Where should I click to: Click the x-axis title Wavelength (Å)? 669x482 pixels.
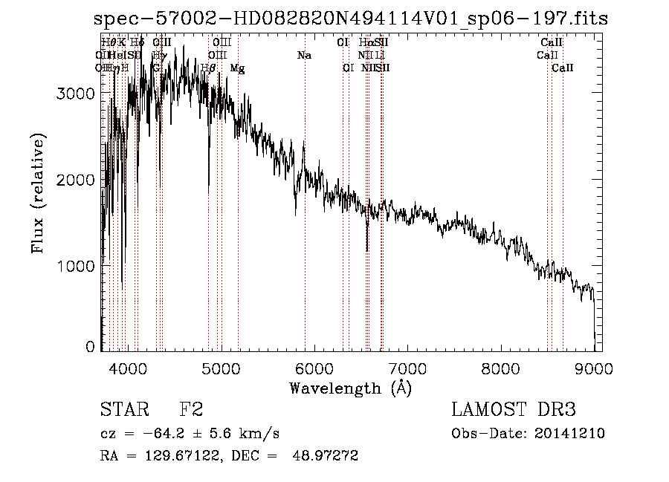[351, 387]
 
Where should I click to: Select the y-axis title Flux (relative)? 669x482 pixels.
[38, 192]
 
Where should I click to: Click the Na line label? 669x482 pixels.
[304, 56]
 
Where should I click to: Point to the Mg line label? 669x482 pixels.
[237, 68]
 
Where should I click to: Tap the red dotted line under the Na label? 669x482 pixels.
[305, 223]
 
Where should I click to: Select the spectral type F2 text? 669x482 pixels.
[191, 409]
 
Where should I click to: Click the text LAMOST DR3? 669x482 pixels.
[514, 409]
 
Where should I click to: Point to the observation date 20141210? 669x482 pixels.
[575, 434]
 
